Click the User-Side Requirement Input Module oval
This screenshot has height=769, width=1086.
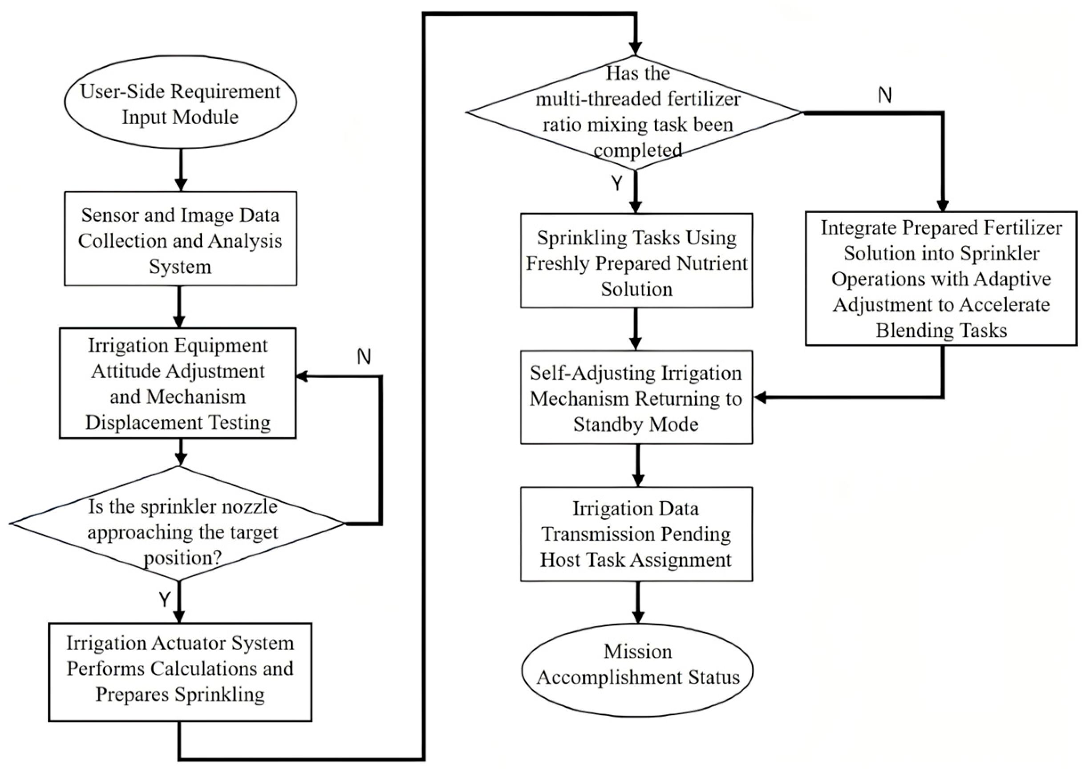[180, 103]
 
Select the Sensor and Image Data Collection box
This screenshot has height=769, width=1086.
[180, 239]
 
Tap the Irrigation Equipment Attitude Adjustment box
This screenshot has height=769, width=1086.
[178, 383]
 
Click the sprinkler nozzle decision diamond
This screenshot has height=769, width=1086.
[178, 524]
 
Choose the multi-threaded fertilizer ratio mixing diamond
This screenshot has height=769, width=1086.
[635, 112]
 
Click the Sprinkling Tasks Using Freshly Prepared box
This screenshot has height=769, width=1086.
[636, 261]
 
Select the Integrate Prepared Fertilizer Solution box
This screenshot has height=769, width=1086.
[940, 279]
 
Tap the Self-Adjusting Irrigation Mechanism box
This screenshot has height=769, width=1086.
[636, 397]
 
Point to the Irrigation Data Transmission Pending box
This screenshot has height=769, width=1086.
[636, 534]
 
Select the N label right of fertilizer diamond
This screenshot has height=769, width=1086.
[885, 96]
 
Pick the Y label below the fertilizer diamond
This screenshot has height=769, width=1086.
[616, 183]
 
